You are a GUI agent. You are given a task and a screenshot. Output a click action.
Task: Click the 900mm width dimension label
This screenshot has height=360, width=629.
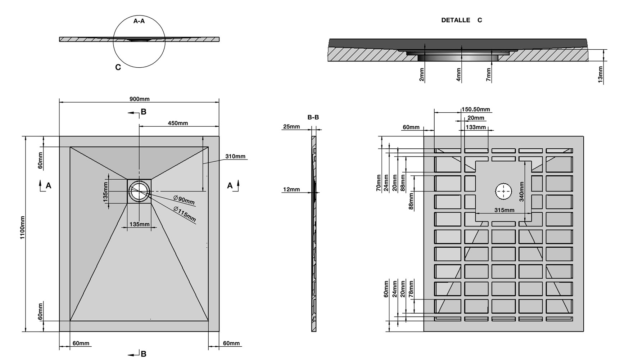[x=139, y=99]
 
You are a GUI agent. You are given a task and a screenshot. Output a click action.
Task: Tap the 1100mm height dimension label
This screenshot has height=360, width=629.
[x=23, y=228]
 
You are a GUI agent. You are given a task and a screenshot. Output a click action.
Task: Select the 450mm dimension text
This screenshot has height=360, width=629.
[x=178, y=123]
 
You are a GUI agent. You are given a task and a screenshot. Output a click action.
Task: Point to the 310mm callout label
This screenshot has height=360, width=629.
[x=235, y=156]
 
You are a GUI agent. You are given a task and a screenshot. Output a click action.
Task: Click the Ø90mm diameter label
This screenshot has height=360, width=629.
[x=184, y=200]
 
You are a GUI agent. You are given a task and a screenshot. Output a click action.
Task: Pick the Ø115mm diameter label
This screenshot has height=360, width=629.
[x=184, y=214]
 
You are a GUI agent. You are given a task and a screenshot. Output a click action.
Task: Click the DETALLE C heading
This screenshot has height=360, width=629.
[x=461, y=20]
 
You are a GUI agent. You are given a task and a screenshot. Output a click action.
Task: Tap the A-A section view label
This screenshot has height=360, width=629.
[x=139, y=21]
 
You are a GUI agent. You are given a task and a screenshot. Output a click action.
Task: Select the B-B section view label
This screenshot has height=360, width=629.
[x=313, y=117]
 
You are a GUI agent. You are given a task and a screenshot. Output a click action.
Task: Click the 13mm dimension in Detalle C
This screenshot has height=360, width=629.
[x=600, y=75]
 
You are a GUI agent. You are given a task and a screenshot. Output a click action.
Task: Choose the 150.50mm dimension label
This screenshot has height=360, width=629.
[x=476, y=109]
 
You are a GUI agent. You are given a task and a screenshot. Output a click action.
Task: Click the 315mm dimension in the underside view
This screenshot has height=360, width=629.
[x=504, y=210]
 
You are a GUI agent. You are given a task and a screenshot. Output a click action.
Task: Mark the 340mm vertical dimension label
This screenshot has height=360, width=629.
[x=521, y=191]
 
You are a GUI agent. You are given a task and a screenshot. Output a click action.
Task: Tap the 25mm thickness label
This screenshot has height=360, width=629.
[x=291, y=126]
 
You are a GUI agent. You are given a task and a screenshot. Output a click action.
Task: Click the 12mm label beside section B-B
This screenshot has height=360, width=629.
[x=291, y=189]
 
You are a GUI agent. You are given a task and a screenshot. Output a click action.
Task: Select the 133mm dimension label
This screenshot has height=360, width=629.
[x=475, y=127]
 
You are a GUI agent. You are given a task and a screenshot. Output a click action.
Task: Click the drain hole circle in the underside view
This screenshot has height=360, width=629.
[x=503, y=191]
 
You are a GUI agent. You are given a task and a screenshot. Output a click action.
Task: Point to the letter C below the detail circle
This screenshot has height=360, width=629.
[x=118, y=67]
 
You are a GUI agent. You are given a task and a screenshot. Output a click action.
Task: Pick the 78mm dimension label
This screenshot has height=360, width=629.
[x=411, y=289]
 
